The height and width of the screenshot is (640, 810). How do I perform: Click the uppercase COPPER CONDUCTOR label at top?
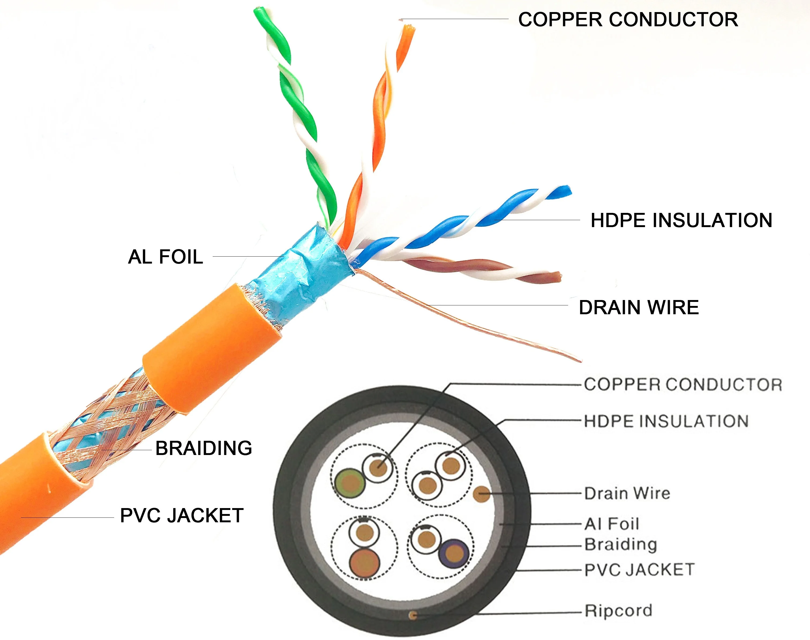tap(628, 20)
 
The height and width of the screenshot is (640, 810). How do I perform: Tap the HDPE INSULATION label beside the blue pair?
tap(681, 220)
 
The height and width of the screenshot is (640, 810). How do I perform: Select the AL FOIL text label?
tap(166, 257)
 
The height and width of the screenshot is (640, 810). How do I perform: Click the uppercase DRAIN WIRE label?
tap(639, 308)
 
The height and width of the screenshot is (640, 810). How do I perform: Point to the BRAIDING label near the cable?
tap(204, 448)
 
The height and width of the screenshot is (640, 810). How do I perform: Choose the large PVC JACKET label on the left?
tap(182, 516)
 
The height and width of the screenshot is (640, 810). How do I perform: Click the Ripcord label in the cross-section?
tap(618, 611)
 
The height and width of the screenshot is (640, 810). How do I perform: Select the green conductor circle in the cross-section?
tap(350, 483)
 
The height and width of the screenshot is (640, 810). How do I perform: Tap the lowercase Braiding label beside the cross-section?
tap(621, 545)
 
